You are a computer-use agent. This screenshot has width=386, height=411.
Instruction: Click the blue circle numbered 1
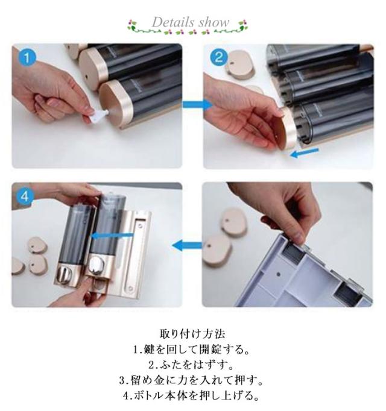tap(27, 58)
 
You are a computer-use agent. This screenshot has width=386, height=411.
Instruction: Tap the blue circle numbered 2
tap(218, 58)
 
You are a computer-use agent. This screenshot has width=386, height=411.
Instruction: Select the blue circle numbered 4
tap(25, 196)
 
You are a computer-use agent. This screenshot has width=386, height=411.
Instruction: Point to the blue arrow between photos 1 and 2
tap(197, 105)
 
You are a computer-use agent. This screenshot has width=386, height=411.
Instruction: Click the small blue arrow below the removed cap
tap(304, 153)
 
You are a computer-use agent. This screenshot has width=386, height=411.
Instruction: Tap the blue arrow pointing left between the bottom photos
tap(187, 246)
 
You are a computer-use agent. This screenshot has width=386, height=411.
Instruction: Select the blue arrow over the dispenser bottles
tap(112, 235)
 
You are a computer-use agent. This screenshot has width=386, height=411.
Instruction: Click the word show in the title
tap(214, 22)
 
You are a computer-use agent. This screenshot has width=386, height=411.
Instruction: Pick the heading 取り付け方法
tap(192, 334)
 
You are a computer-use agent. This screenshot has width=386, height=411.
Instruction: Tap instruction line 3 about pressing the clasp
tap(191, 380)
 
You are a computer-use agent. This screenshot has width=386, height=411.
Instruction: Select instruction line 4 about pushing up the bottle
tap(191, 395)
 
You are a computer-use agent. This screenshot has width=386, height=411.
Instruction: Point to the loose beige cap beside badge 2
tap(240, 64)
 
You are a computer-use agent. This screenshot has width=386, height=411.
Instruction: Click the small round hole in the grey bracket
tap(279, 275)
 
